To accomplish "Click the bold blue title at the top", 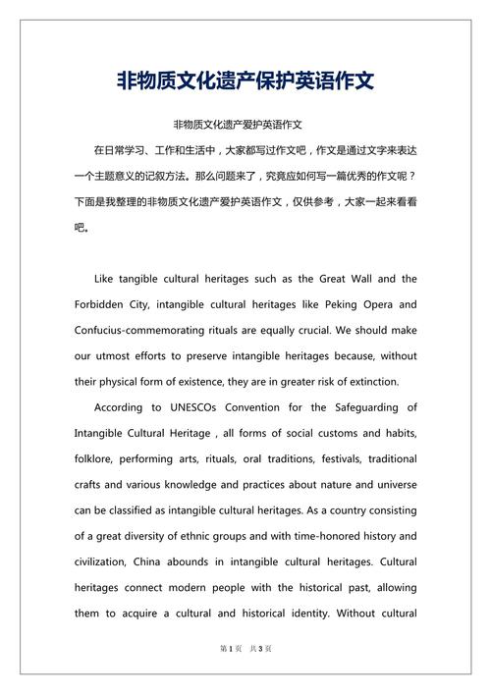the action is click(245, 79).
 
